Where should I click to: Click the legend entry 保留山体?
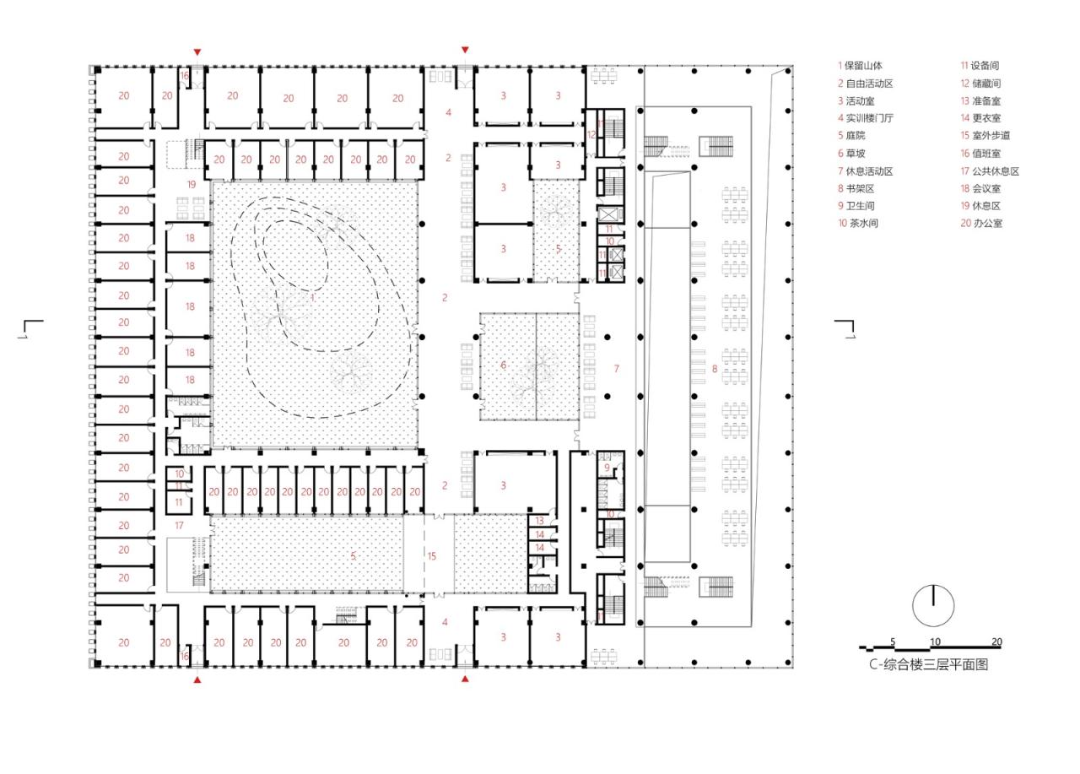[861, 65]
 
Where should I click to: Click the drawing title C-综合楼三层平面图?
[928, 665]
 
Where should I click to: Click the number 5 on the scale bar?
[892, 641]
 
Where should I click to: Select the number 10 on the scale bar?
[935, 641]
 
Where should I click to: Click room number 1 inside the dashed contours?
[313, 297]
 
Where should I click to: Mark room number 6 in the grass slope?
[504, 365]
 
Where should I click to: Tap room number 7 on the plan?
[616, 368]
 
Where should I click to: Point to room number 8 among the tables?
[715, 368]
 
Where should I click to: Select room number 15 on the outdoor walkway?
[432, 555]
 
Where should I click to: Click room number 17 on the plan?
[179, 525]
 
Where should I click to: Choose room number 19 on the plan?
[191, 183]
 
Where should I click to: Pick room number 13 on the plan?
[540, 521]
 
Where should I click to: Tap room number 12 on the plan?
[591, 134]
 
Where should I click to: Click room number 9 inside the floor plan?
[606, 467]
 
